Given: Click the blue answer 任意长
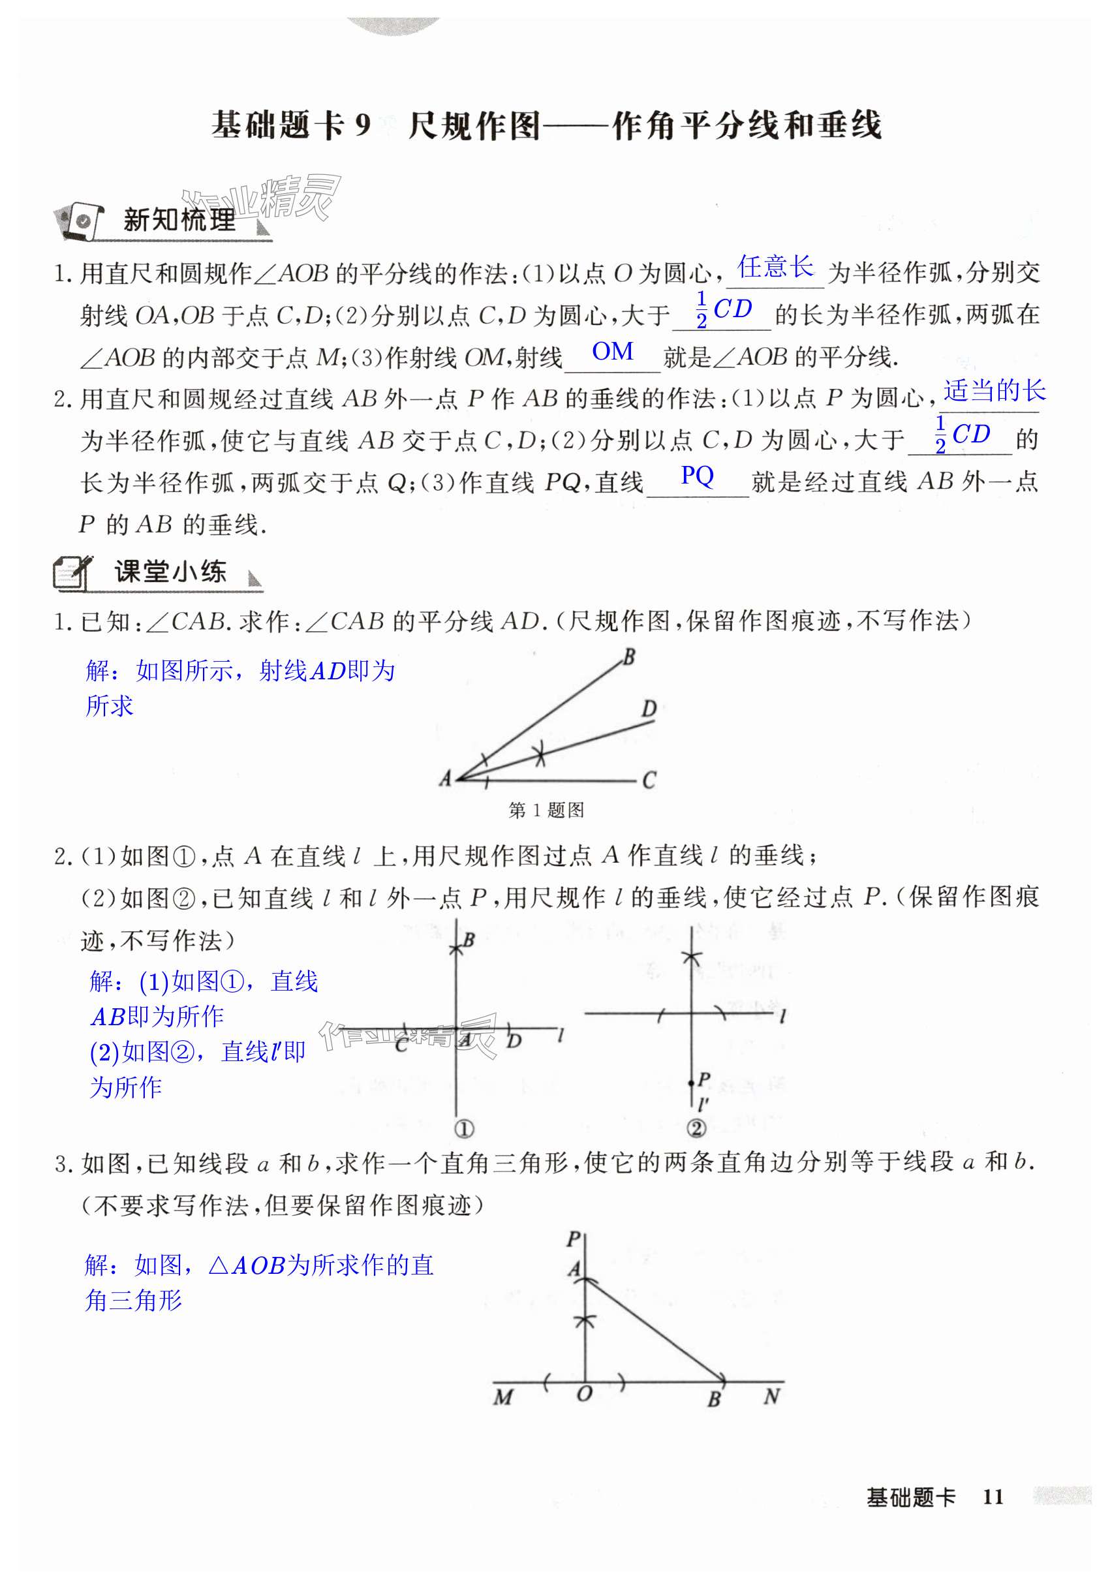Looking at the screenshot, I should tap(775, 267).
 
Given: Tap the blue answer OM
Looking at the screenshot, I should tap(613, 352).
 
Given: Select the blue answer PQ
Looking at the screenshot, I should tap(697, 475).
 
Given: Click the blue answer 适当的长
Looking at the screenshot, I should tap(994, 392).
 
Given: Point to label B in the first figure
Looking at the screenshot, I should tap(629, 656).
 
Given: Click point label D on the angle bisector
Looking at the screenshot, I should tap(649, 708).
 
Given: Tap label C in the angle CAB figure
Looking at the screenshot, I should tap(649, 781).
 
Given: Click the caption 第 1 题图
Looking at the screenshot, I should tap(546, 810).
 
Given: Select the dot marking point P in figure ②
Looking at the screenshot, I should tap(692, 1083).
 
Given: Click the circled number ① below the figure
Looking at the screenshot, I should tap(464, 1129).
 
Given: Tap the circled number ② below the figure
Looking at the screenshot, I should tap(696, 1128).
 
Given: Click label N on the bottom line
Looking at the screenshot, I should tap(772, 1396).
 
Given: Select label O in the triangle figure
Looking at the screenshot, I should tap(584, 1393).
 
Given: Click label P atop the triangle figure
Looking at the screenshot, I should tap(574, 1239).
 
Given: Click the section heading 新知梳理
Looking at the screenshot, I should tap(179, 221).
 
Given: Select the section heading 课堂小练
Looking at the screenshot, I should tap(170, 572).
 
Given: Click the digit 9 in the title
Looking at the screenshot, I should tap(362, 126).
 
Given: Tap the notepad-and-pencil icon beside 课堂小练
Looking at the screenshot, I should tap(72, 572).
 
